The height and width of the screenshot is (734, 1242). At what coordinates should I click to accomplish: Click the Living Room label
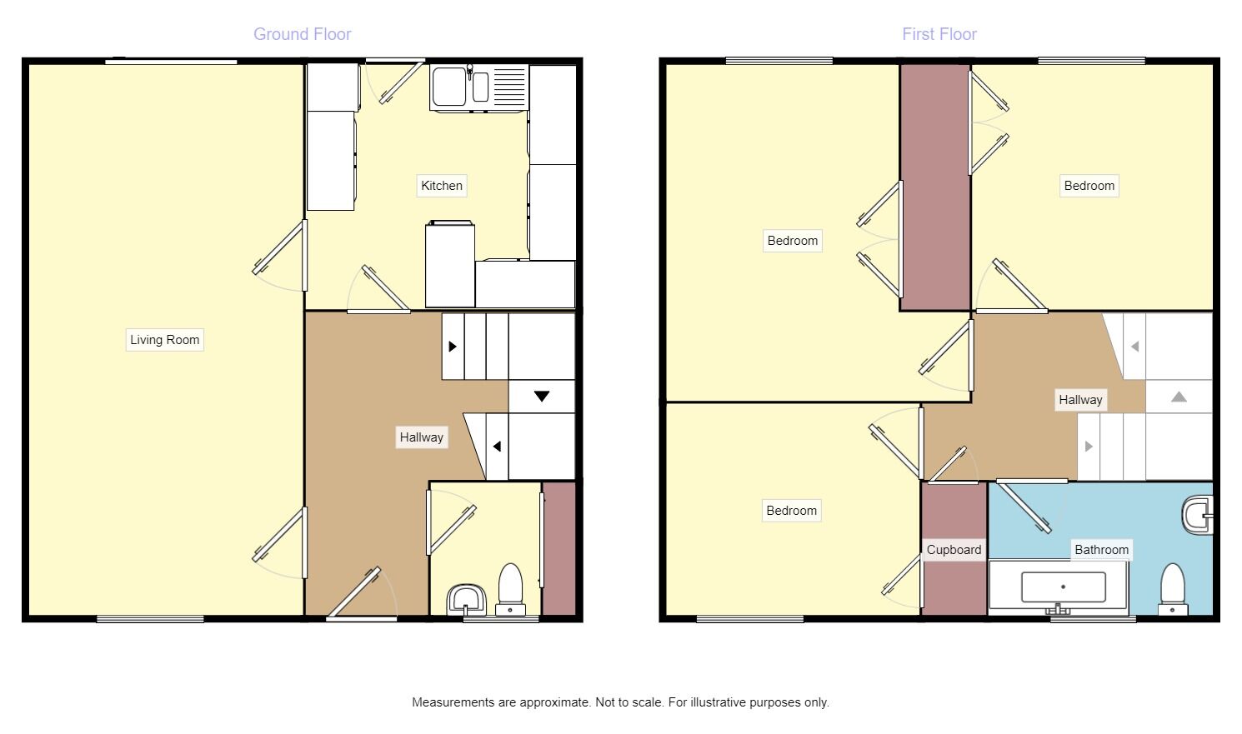(164, 340)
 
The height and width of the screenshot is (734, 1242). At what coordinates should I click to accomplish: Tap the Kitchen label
(442, 186)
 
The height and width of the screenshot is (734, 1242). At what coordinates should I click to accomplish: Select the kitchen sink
(449, 87)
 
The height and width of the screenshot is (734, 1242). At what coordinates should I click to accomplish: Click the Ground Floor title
(302, 34)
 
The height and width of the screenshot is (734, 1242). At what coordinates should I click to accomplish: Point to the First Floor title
(939, 34)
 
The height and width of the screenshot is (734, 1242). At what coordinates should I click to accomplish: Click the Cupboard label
(954, 550)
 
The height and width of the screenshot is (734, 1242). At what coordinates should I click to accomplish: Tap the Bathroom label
(1101, 550)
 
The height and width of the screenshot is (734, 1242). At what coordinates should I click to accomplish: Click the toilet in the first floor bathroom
(1173, 588)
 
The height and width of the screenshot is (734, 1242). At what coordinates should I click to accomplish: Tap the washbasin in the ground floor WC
(466, 599)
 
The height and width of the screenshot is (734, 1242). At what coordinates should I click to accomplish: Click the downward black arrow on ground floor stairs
(542, 397)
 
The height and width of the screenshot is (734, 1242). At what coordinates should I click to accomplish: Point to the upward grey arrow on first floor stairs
(1179, 397)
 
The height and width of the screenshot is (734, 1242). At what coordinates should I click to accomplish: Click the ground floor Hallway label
(421, 437)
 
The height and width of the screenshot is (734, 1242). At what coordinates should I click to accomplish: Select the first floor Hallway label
(1080, 400)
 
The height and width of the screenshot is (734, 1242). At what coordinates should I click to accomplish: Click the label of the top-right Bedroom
(1089, 186)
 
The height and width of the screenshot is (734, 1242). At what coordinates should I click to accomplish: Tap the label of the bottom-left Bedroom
(791, 511)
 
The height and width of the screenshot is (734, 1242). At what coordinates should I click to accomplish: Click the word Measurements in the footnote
(453, 702)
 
